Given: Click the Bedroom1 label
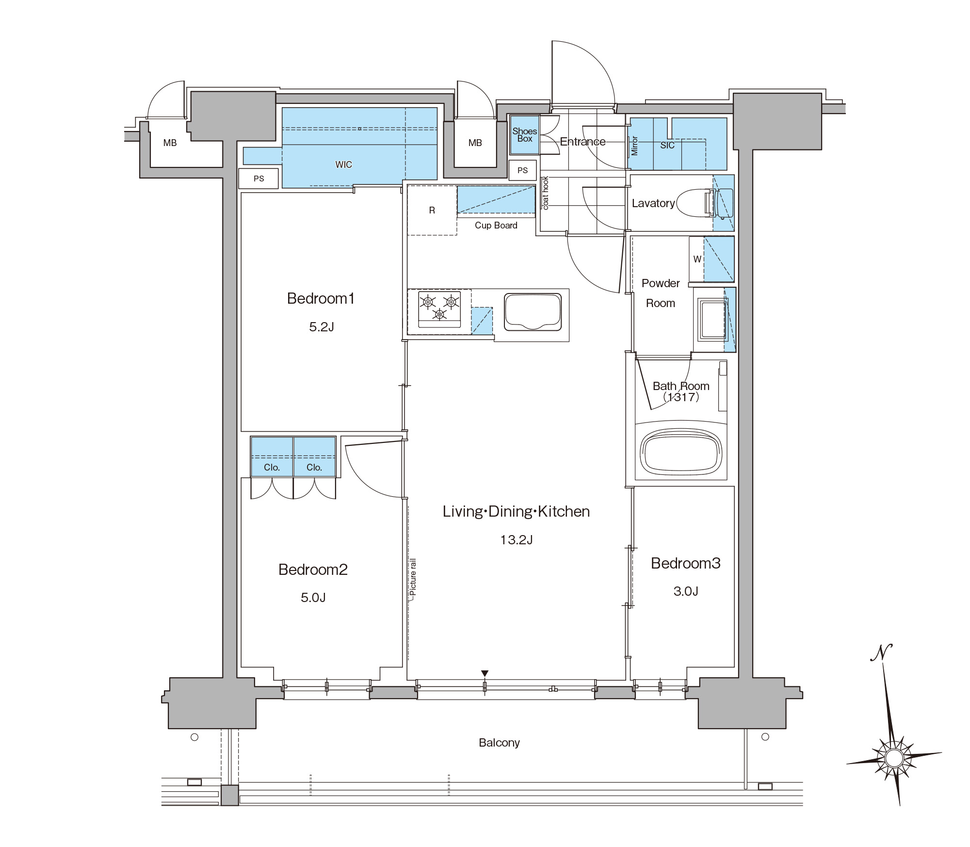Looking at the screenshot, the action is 321,298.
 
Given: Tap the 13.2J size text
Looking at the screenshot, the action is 517,539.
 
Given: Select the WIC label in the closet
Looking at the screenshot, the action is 343,164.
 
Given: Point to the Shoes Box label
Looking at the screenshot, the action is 525,135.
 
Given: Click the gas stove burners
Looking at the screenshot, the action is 439,308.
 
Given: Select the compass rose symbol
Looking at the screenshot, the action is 893,757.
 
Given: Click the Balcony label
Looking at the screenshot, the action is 499,743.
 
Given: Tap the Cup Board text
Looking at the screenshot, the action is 496,225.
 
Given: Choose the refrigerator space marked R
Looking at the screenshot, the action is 432,211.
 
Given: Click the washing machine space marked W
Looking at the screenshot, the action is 697,259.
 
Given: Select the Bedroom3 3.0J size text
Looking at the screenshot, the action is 686,591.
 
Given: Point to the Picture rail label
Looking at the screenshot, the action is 413,577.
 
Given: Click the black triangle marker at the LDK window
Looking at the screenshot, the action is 485,673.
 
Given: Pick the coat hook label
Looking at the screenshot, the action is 546,193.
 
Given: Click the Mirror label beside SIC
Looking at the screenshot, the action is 634,146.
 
